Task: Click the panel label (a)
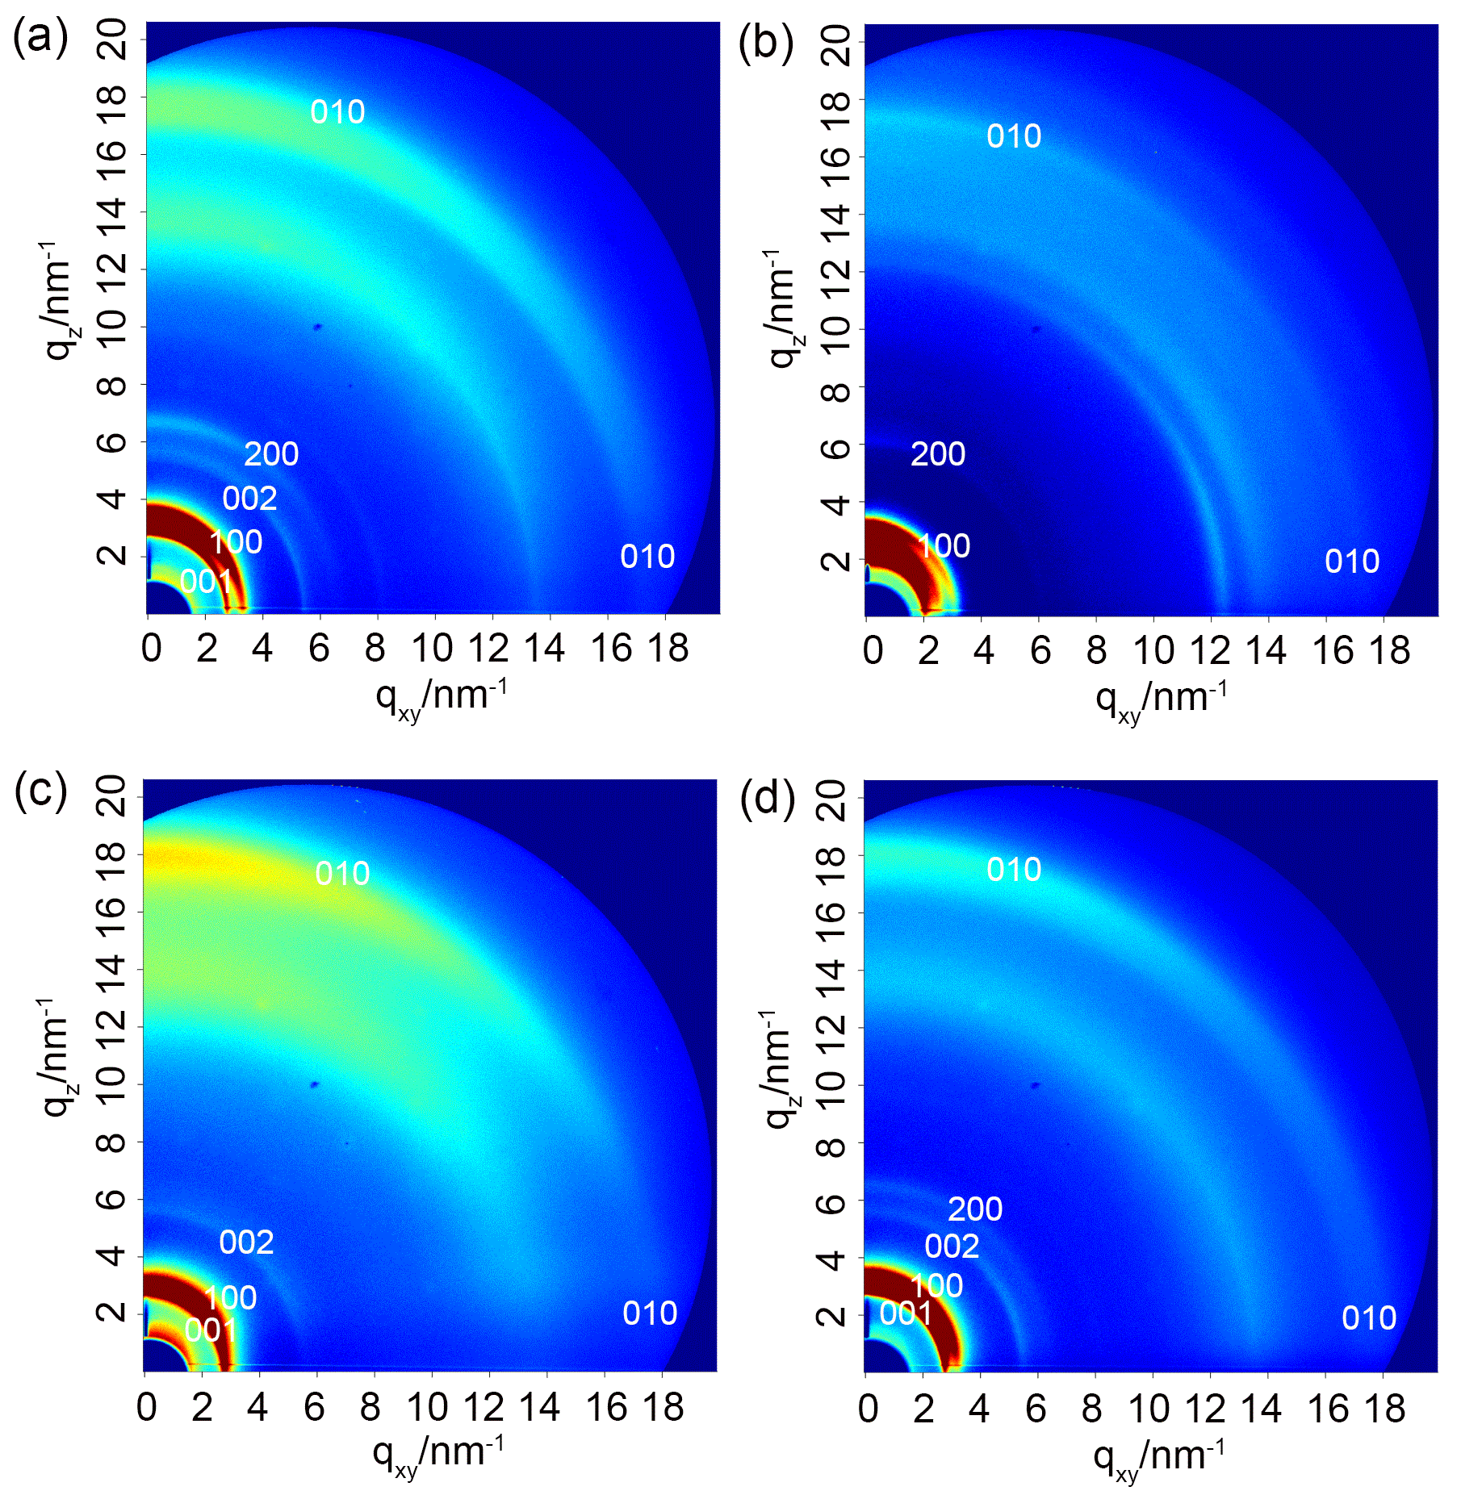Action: pos(40,38)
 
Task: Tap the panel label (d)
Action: pos(767,799)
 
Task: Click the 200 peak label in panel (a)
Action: pos(271,454)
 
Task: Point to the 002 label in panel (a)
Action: pos(249,499)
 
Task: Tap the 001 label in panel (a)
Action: pos(206,581)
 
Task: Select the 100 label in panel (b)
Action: pos(944,546)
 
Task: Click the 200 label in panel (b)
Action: pos(938,454)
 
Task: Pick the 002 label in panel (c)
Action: pos(246,1242)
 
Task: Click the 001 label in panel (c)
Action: pos(211,1330)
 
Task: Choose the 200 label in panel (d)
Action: pos(975,1209)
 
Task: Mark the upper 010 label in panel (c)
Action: pos(342,874)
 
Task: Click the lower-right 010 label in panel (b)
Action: pos(1352,562)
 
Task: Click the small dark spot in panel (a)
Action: pos(318,327)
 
